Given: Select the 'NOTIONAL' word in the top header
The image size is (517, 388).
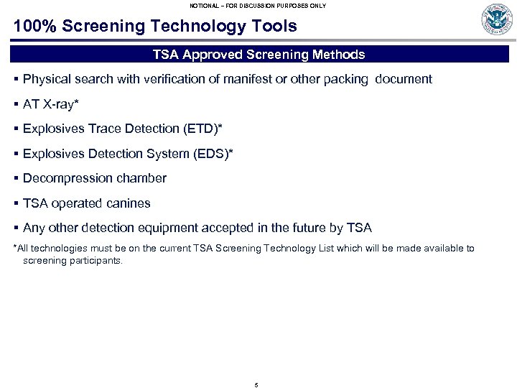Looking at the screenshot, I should click(207, 6).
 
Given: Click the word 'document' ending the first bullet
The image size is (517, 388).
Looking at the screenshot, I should click(403, 79).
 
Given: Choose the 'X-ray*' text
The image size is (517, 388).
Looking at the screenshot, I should click(61, 104).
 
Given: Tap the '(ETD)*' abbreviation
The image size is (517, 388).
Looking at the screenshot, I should click(202, 129).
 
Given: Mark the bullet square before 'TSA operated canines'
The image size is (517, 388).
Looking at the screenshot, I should click(16, 203).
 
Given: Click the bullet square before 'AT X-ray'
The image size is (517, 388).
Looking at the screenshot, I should click(16, 104).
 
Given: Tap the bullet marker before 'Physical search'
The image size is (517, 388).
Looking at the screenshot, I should click(16, 79).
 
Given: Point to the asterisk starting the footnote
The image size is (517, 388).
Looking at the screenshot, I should click(16, 248).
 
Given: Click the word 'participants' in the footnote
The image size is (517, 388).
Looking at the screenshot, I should click(95, 261).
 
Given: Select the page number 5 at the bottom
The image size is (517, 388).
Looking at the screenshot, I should click(256, 385).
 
